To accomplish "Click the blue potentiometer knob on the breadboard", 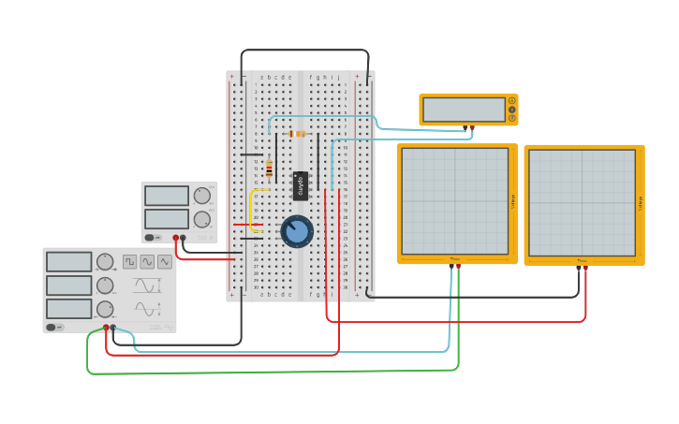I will tap(297, 231).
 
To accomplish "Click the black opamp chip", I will tap(301, 185).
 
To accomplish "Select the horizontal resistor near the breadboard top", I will tap(298, 134).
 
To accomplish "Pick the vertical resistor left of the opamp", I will tap(269, 168).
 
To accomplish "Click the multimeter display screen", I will tap(464, 110).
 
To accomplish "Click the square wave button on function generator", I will tap(130, 262).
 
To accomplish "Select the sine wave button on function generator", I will tap(147, 262).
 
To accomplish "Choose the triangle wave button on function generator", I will tap(165, 262).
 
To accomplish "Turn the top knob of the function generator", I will tap(105, 262).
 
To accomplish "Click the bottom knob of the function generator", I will tap(105, 308).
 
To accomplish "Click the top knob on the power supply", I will tap(201, 196).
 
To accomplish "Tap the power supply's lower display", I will tap(167, 219).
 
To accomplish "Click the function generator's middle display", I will tap(68, 285).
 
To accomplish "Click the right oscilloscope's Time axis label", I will tap(582, 260).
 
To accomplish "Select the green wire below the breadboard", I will tap(272, 372).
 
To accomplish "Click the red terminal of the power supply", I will tap(175, 239).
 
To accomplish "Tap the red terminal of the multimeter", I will tap(472, 126).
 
